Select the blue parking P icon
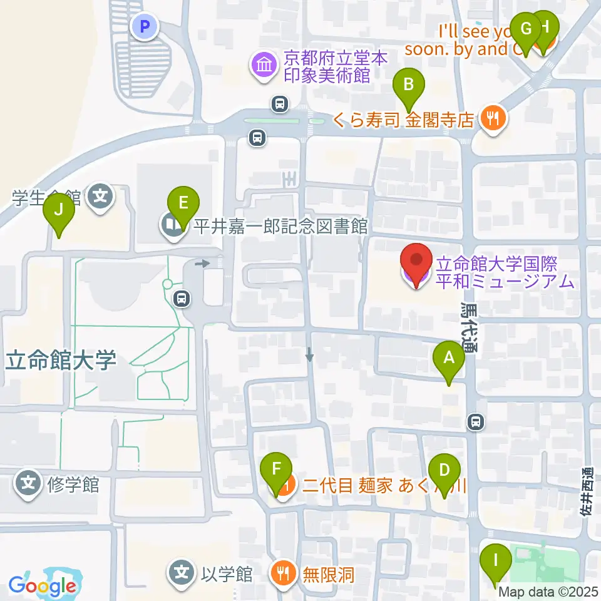(x=145, y=26)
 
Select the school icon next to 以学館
(x=182, y=572)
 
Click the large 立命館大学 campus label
(x=62, y=361)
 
